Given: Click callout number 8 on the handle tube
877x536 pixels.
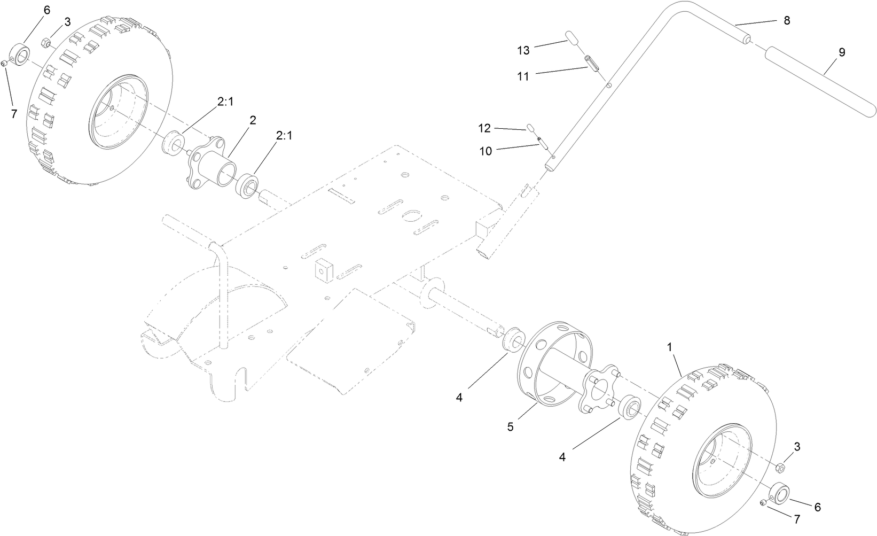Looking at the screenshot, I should [786, 20].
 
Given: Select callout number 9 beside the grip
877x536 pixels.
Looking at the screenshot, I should [842, 52].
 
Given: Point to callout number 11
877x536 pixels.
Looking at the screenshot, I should [523, 76].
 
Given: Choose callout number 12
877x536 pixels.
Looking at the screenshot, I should [484, 128].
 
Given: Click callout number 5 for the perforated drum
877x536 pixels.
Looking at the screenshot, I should [511, 428].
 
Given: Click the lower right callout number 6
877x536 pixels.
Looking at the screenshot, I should [817, 507].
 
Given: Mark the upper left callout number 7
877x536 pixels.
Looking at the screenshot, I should [14, 113].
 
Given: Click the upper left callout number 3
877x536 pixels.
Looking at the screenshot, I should [67, 21].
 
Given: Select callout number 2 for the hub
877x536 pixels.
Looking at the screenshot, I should [253, 120].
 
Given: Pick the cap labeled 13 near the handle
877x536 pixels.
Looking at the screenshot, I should [571, 39].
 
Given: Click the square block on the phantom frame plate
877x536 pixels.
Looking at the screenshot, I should [322, 270].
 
